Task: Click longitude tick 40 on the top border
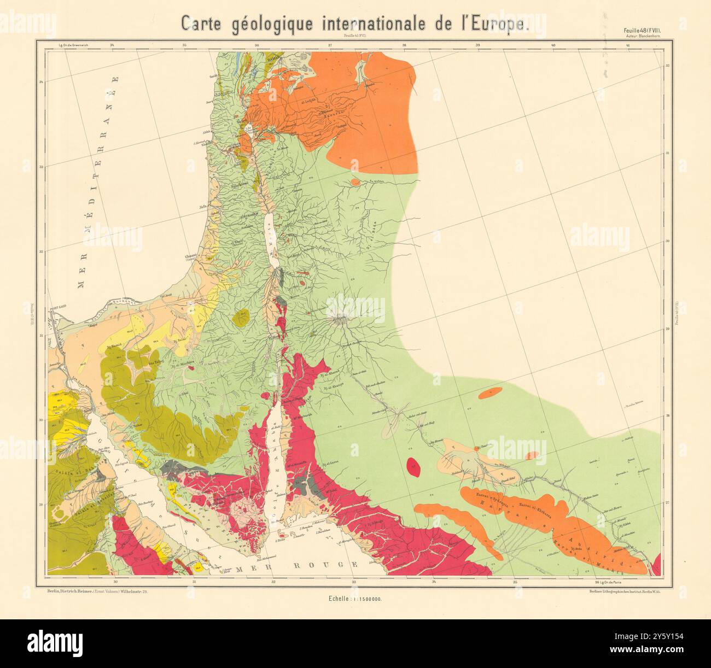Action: pyautogui.click(x=553, y=45)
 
